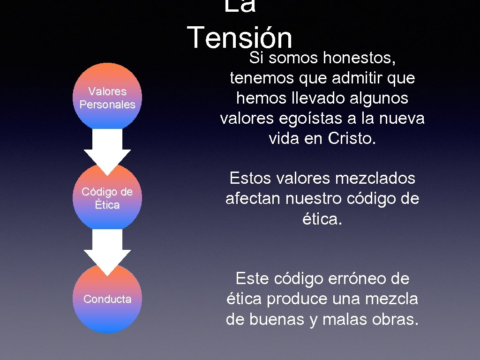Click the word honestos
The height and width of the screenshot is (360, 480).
click(360, 58)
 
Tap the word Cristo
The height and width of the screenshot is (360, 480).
click(352, 139)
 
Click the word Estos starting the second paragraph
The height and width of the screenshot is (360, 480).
click(251, 178)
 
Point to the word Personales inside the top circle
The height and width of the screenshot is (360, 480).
click(107, 105)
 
